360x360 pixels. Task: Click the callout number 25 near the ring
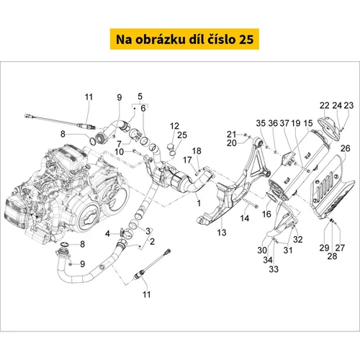(x=182, y=135)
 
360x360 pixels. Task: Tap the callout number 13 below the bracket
(x=222, y=233)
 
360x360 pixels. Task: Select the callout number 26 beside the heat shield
(x=346, y=148)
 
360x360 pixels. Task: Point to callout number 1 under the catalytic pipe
(x=199, y=203)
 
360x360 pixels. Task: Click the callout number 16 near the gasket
(x=266, y=214)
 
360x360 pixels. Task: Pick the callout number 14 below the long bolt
(x=245, y=218)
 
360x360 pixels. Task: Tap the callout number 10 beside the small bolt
(x=119, y=152)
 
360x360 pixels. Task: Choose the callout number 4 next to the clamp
(x=107, y=233)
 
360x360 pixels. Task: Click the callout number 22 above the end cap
(x=325, y=105)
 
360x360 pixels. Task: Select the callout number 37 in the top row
(x=284, y=123)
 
